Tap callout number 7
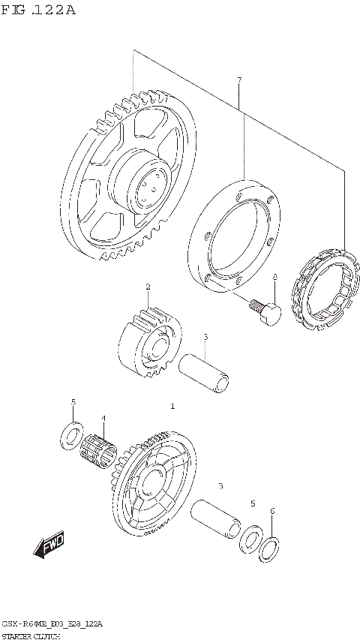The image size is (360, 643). click(239, 80)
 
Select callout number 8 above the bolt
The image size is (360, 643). click(274, 278)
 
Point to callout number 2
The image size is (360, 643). click(148, 287)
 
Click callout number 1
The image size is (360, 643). click(172, 406)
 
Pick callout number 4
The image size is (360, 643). click(104, 419)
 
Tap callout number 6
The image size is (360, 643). click(272, 511)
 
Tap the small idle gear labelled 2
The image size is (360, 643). click(150, 341)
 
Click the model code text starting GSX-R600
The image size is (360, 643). click(52, 624)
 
